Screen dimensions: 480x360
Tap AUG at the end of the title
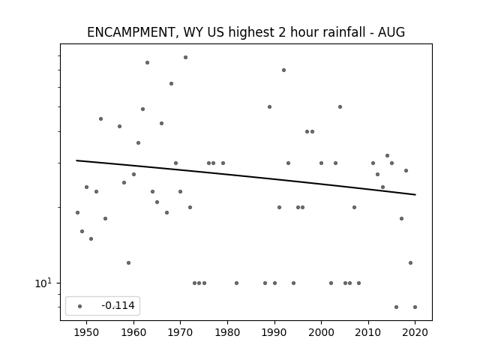coord(391,32)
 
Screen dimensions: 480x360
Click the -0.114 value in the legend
coord(118,305)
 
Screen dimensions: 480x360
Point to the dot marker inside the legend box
coord(80,306)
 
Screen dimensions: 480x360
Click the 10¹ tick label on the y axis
coord(43,283)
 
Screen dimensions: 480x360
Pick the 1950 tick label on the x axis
coord(87,332)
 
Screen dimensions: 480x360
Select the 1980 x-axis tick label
coord(227,332)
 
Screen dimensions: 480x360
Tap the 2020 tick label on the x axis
coord(415,332)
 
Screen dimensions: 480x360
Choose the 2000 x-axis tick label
coord(321,332)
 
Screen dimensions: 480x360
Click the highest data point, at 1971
coord(185,57)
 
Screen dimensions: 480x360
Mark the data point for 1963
coord(147,62)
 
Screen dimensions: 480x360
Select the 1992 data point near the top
coord(283,70)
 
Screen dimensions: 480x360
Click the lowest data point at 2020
coord(415,307)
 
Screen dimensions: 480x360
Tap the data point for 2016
coord(397,307)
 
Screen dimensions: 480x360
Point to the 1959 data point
coord(128,262)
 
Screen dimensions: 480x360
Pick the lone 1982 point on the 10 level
coord(237,283)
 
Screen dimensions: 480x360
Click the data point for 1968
coord(172,83)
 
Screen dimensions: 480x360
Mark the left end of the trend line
coord(76,160)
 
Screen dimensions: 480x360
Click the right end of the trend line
coord(415,195)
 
